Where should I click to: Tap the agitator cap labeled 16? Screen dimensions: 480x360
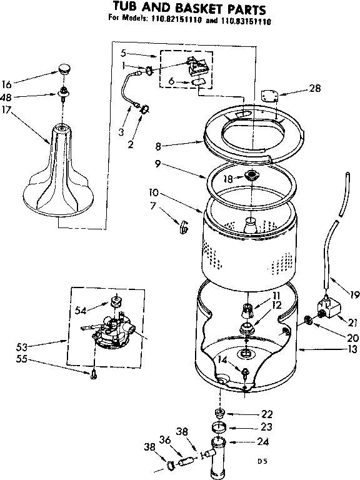pyautogui.click(x=63, y=67)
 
